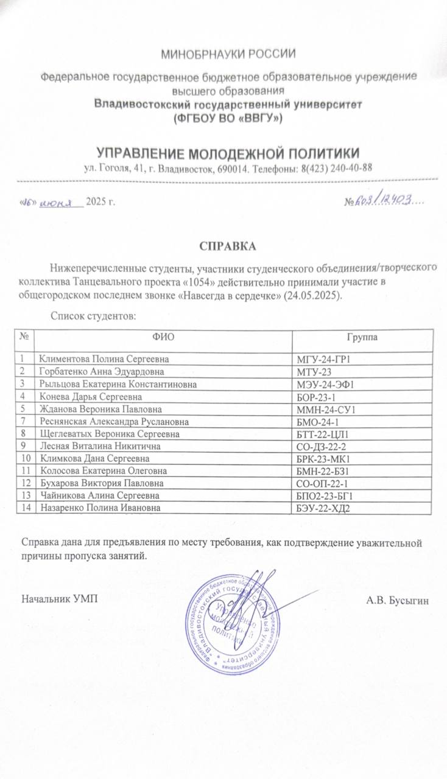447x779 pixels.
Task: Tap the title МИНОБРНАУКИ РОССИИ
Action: click(228, 54)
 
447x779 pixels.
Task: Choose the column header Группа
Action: click(362, 337)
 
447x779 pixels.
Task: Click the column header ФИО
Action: click(163, 337)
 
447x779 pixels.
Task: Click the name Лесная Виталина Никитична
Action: click(92, 445)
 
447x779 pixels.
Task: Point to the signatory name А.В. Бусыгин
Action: click(398, 601)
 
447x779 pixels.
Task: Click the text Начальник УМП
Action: click(59, 599)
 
